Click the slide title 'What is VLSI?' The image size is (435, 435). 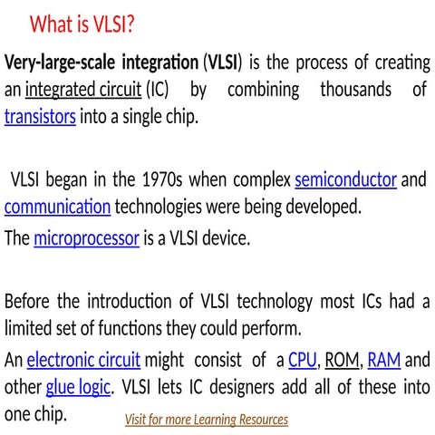click(82, 23)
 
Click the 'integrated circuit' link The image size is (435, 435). click(83, 91)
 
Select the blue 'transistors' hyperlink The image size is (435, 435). click(40, 117)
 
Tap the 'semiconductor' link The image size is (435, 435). click(345, 179)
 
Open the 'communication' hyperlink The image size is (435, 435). click(58, 206)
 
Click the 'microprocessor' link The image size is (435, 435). click(86, 239)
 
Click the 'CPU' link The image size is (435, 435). click(302, 361)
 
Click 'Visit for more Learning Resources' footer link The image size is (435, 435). click(206, 420)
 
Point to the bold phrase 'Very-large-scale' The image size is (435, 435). click(67, 63)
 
